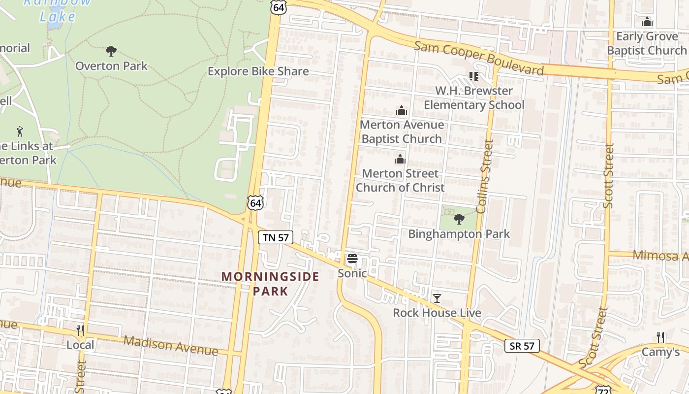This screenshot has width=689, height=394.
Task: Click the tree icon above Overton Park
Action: tap(111, 51)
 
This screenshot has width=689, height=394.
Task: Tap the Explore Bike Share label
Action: tap(258, 71)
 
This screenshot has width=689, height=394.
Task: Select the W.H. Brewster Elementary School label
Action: tap(474, 98)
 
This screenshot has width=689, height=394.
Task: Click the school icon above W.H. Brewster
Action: tap(473, 76)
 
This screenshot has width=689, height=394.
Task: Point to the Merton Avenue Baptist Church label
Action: tap(402, 131)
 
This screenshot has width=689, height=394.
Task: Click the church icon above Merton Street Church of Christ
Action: tap(400, 159)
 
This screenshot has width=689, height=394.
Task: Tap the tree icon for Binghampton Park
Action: tap(459, 219)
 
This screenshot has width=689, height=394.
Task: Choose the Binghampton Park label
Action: tap(459, 233)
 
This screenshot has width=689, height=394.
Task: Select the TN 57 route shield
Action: tap(276, 237)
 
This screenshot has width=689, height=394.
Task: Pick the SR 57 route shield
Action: tap(522, 346)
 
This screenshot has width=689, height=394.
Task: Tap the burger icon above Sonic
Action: tap(352, 259)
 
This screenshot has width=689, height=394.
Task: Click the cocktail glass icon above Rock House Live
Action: tap(437, 298)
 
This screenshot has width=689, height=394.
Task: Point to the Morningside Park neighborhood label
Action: tap(270, 283)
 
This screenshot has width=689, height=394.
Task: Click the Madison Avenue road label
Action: tap(170, 345)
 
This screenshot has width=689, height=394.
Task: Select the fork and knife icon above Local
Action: tap(80, 330)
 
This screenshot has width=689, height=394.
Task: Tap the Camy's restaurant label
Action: tap(660, 352)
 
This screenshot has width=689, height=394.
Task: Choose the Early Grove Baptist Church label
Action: tap(647, 43)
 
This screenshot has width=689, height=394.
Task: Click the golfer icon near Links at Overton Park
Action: tap(20, 131)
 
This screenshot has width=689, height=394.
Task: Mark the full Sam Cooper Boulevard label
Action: tap(479, 58)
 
